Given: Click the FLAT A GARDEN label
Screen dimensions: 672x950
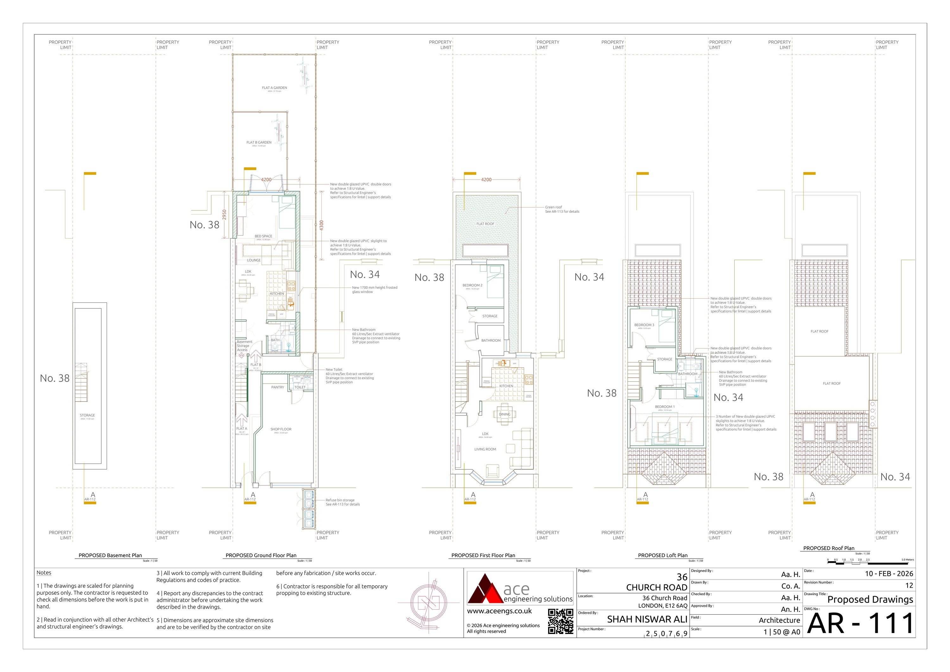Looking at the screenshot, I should (x=274, y=88).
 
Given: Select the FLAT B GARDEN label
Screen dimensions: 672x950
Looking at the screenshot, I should (x=259, y=142).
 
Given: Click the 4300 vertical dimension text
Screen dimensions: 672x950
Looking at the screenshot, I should (x=321, y=225).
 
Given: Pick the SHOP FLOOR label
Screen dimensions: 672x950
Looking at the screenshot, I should (x=281, y=429).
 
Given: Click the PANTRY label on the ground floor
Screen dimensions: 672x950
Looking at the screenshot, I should (x=278, y=387).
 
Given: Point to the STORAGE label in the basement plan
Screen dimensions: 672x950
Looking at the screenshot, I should (x=87, y=415).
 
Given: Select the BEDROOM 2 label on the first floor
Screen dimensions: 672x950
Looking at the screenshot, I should (x=472, y=285).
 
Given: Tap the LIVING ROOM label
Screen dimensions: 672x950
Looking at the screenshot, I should (x=485, y=449).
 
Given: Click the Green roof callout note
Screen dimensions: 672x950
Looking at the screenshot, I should (x=562, y=209).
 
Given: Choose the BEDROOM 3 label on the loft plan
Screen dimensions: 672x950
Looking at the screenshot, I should (x=644, y=325).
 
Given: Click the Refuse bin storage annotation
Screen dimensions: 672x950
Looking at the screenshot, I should (x=343, y=502).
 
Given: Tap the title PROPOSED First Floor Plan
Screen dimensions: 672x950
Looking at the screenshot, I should (x=483, y=555).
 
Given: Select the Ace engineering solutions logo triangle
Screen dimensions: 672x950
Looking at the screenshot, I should (x=485, y=589).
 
